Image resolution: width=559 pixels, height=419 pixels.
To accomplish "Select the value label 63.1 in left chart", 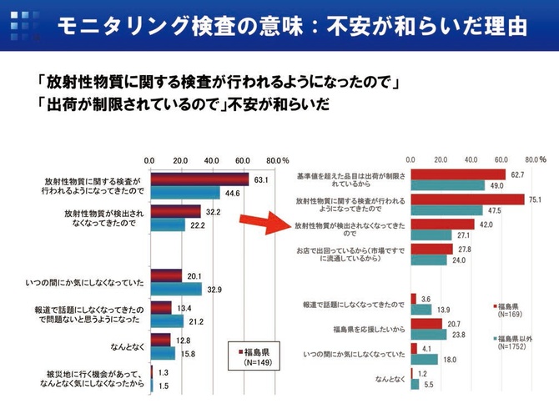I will coord(260,179).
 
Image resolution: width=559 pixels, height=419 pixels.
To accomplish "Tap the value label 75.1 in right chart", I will coord(535,199).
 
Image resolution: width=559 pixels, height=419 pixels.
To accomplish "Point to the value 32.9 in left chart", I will coord(214,290).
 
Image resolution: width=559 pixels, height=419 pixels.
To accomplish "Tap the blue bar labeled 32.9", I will coord(176,290).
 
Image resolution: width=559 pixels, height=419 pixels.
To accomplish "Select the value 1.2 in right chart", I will coord(424,374).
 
